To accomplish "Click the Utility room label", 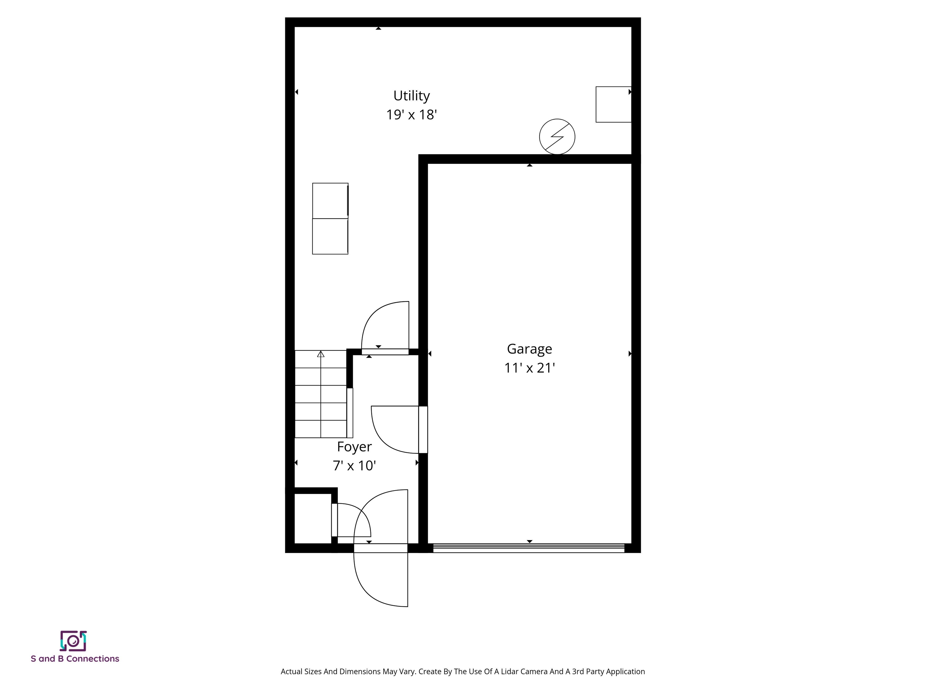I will coord(411,96).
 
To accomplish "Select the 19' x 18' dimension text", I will coord(411,115).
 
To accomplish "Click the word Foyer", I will coord(354,446).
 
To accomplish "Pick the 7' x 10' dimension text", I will coord(354,465).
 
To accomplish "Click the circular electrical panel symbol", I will coord(557,137).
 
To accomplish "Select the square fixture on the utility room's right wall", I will coord(613,104).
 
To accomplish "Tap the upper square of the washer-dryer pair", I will coord(330,201).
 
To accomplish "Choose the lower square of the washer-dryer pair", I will coord(330,236).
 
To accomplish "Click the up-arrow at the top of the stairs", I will coord(321,354).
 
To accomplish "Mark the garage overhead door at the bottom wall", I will coord(528,548).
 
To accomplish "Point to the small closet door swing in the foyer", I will coord(353,520).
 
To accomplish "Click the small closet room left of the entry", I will coord(313,519).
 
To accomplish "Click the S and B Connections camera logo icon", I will coord(73,641).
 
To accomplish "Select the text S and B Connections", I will coord(75,659).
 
